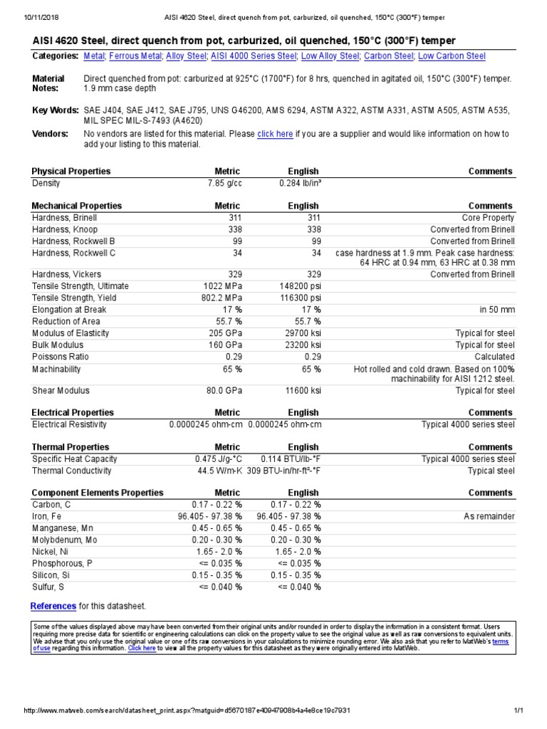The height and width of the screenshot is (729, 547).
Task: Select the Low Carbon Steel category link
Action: pyautogui.click(x=452, y=56)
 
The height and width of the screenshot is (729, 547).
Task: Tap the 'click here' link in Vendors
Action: pyautogui.click(x=275, y=133)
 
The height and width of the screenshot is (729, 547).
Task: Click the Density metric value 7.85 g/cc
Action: pyautogui.click(x=222, y=183)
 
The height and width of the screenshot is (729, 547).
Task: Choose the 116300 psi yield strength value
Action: pyautogui.click(x=299, y=298)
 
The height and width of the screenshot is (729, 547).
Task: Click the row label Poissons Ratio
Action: pyautogui.click(x=61, y=357)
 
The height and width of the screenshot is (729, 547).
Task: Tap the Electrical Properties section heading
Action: pyautogui.click(x=72, y=413)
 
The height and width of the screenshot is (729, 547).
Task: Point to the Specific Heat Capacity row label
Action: pyautogui.click(x=75, y=459)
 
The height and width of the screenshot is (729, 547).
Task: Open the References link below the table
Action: pyautogui.click(x=53, y=606)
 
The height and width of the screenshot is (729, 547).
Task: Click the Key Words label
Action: pyautogui.click(x=55, y=110)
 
